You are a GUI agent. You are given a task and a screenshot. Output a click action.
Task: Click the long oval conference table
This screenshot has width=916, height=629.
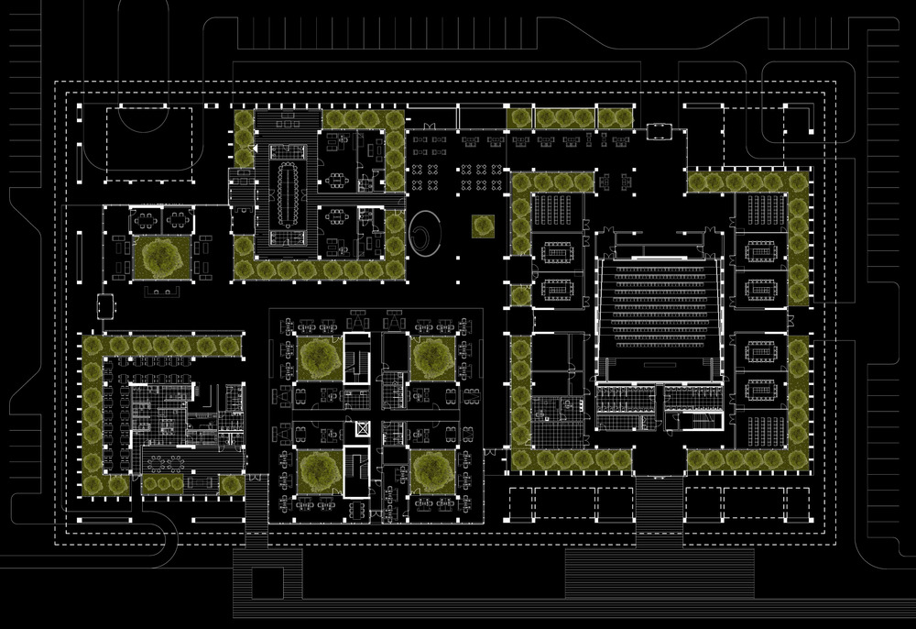tap(288, 193)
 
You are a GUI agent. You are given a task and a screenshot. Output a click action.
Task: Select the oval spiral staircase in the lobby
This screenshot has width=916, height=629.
tap(425, 234)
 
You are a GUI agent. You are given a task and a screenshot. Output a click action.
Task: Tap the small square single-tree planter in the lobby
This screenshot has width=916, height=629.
tap(483, 225)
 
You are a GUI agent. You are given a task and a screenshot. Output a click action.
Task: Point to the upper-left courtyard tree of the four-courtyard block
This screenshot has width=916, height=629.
tap(319, 357)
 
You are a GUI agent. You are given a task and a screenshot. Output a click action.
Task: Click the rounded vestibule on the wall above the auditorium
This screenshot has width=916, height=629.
tap(659, 132)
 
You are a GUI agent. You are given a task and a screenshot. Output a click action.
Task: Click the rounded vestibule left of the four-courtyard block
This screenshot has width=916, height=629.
tap(107, 305)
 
